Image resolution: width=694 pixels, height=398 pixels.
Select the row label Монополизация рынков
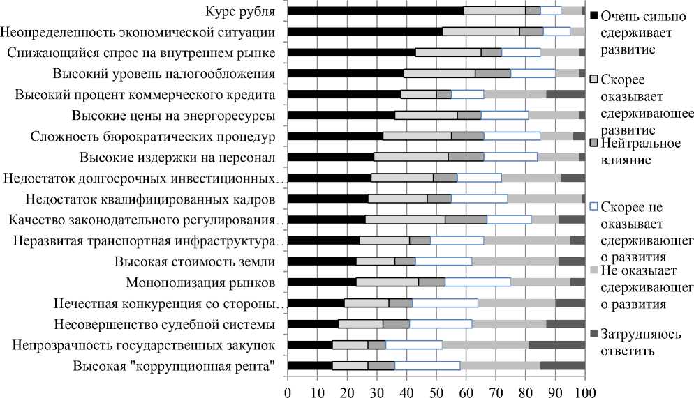click(x=200, y=282)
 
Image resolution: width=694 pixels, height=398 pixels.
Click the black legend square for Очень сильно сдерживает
click(x=594, y=15)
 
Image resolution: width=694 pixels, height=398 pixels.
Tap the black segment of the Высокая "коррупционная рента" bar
click(x=310, y=365)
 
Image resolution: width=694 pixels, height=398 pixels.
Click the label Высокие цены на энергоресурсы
click(x=173, y=115)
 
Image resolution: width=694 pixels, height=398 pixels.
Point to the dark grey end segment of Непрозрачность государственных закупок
click(x=556, y=344)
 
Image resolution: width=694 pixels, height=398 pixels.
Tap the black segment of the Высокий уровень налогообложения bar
click(x=346, y=73)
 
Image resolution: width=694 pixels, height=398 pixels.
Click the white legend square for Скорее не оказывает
click(x=594, y=207)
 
